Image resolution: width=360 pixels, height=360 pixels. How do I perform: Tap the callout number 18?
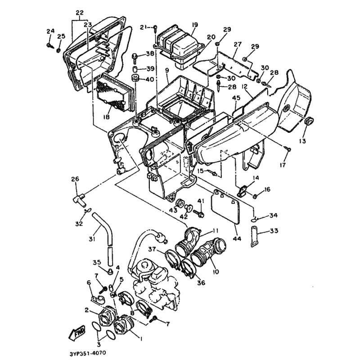106,117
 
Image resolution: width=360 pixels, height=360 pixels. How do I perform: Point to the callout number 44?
237,238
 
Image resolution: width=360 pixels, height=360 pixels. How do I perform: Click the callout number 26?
76,179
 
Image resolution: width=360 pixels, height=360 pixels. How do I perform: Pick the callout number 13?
302,141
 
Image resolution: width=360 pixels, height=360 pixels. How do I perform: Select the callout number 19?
195,25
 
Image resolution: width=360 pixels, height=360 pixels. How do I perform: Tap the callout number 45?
236,98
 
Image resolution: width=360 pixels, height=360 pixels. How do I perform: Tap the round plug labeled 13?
309,121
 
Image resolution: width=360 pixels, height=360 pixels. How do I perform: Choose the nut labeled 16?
255,196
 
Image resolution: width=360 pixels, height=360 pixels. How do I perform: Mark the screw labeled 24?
49,46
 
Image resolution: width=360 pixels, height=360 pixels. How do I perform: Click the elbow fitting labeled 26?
77,198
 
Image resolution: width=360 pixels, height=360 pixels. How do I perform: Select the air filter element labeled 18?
114,93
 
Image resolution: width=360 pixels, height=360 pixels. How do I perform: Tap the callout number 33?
274,230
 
